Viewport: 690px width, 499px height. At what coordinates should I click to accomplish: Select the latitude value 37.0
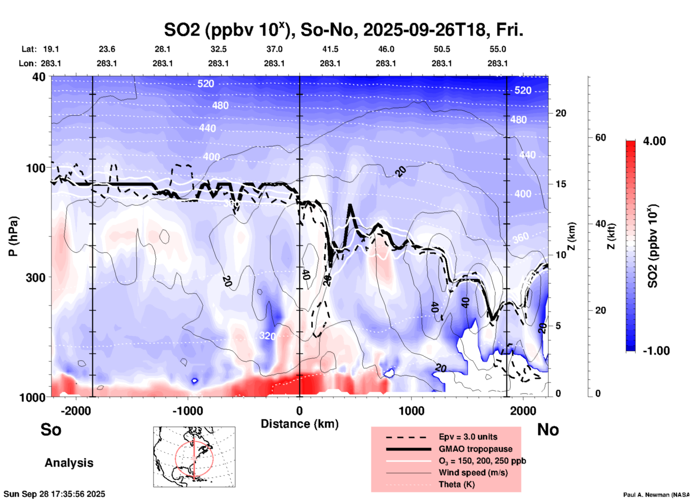(x=274, y=49)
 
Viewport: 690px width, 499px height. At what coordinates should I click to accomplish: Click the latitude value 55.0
(x=498, y=49)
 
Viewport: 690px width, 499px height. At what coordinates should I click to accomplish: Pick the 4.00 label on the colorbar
(x=654, y=141)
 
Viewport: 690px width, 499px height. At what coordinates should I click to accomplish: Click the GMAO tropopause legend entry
(x=475, y=449)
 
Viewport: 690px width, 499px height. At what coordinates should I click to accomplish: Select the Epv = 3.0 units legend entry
(x=468, y=437)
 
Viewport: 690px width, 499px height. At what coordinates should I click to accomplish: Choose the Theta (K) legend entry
(x=456, y=484)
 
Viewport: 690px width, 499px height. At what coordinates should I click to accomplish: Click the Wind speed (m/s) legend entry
(x=473, y=473)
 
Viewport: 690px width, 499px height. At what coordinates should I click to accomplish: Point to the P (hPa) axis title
(x=13, y=236)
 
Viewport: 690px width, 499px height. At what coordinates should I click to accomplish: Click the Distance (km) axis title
(x=300, y=424)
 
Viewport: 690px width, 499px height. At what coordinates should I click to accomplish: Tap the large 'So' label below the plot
(x=51, y=430)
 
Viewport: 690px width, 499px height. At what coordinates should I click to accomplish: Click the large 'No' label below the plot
(x=548, y=430)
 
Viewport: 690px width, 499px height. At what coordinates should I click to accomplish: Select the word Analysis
(x=69, y=463)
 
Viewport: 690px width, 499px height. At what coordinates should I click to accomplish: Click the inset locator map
(x=194, y=457)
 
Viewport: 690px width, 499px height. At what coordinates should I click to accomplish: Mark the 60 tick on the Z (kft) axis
(x=600, y=137)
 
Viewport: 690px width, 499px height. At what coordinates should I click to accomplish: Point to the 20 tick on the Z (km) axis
(x=561, y=113)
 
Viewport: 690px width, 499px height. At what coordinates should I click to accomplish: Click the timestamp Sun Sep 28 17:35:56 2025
(x=54, y=494)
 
